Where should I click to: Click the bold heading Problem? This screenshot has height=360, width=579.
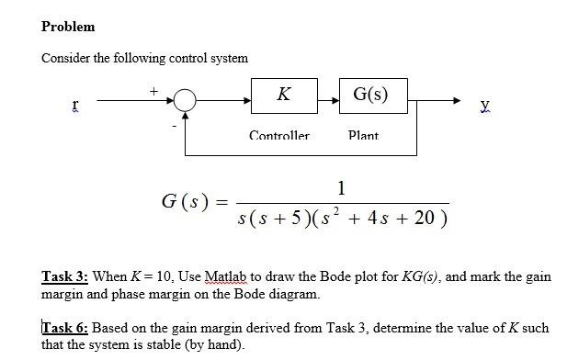tap(68, 27)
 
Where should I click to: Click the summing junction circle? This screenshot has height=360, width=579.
tap(185, 99)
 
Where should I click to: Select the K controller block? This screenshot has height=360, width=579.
tap(283, 95)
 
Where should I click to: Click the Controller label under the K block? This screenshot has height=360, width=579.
tap(279, 136)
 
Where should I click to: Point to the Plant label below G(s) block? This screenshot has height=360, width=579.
tap(363, 136)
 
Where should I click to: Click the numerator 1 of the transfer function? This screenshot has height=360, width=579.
tap(341, 188)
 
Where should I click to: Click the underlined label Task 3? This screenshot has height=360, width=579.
tap(66, 276)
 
